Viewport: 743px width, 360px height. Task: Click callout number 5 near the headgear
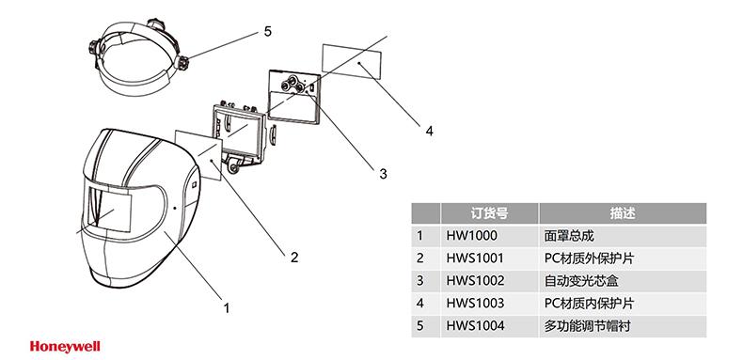[x=268, y=31]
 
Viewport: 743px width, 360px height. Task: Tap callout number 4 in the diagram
[x=429, y=131]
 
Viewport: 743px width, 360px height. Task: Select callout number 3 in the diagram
[x=383, y=173]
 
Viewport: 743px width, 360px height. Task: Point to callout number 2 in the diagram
[x=294, y=256]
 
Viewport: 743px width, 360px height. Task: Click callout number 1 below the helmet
[x=226, y=305]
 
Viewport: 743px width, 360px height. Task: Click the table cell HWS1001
[x=476, y=258]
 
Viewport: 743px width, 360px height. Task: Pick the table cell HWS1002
[x=476, y=280]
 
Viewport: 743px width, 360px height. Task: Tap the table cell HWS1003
[x=476, y=303]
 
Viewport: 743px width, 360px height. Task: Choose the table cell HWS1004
[x=476, y=325]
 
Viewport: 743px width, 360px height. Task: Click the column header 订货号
[x=488, y=213]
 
